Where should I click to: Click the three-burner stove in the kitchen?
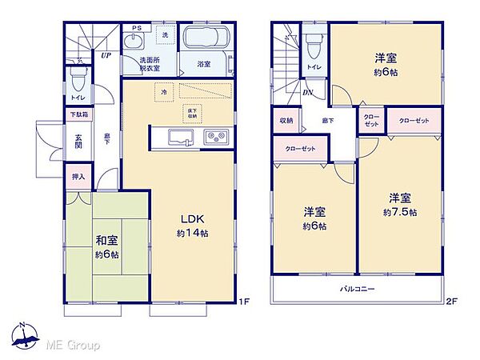tap(215, 137)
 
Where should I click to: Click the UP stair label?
tap(106, 55)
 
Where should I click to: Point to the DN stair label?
tap(307, 92)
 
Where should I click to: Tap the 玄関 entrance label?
tap(79, 142)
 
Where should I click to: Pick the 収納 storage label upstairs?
tap(286, 120)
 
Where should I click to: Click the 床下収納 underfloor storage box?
tap(192, 113)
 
